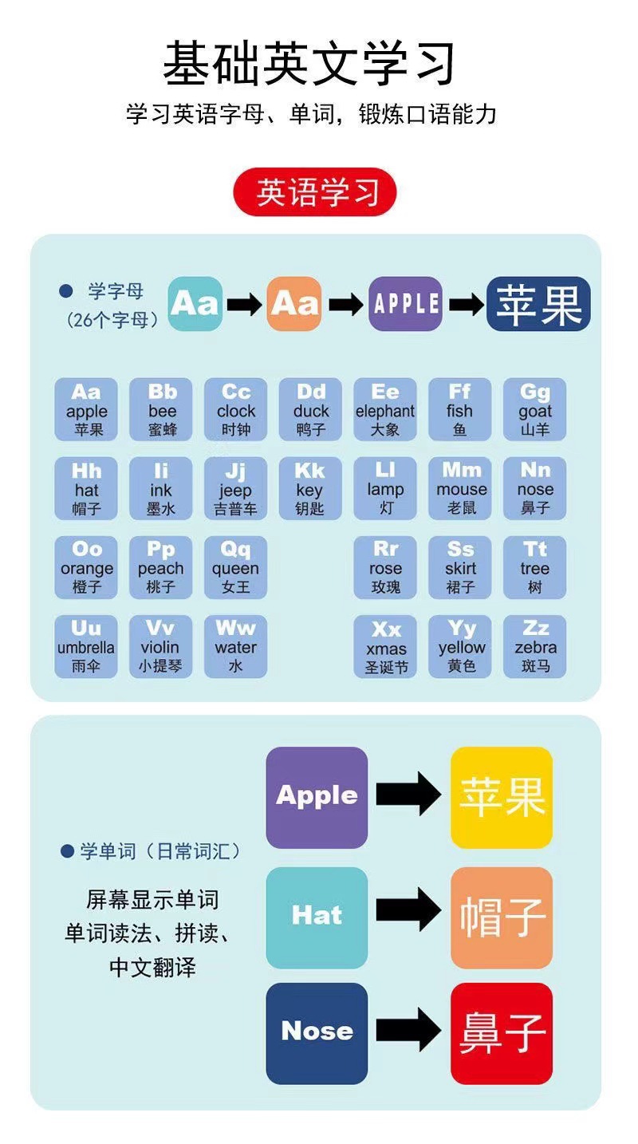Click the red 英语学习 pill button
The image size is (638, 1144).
tap(315, 192)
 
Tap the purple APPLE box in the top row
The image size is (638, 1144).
tap(405, 304)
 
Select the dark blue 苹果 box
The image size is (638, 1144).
tap(538, 304)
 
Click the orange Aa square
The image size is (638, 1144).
tap(294, 304)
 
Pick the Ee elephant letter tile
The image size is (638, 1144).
tap(385, 409)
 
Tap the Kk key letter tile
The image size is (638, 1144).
tap(310, 488)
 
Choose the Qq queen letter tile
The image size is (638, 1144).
tap(235, 567)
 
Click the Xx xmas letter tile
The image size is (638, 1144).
tap(385, 646)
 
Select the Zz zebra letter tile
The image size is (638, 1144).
tap(535, 646)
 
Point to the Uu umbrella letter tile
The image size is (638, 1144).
tap(86, 646)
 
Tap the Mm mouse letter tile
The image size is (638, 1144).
tap(460, 488)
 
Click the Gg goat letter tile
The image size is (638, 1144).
tap(535, 409)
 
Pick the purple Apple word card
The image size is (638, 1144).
tap(317, 797)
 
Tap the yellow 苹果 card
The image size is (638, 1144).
tap(502, 797)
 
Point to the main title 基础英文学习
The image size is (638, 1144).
tap(310, 63)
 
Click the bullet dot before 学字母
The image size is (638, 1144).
tap(66, 292)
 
